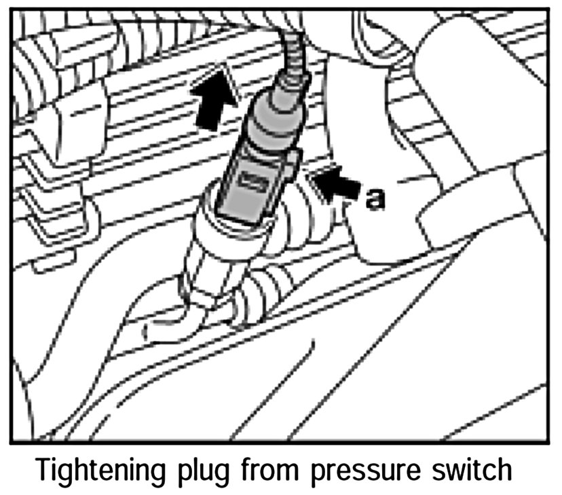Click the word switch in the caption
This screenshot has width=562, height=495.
pos(472,471)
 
